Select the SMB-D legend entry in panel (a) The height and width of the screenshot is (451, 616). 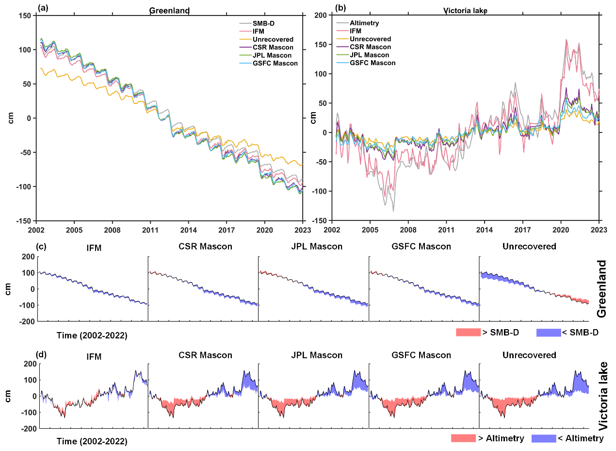coord(264,23)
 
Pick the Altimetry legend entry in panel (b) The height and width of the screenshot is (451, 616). coord(363,23)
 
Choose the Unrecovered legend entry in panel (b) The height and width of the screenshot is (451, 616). coord(370,39)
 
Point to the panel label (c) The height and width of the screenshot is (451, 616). coord(42,247)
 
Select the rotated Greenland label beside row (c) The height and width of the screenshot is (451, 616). coord(601,288)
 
